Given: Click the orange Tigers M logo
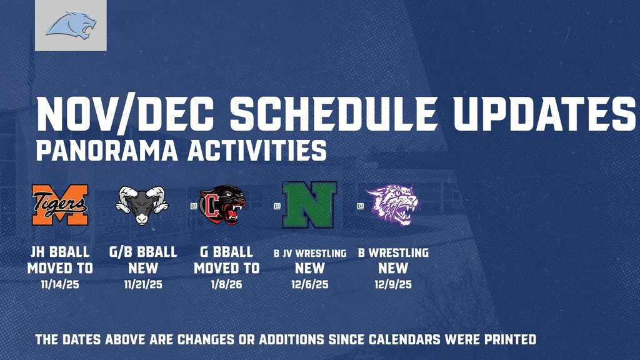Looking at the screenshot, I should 61,204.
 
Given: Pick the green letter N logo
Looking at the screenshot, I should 309,204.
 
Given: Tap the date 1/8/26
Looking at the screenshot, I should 226,285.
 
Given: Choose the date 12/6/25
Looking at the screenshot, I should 309,285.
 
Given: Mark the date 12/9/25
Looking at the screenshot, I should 393,285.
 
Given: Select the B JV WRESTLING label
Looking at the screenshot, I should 310,253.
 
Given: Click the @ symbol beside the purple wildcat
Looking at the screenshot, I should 359,204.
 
